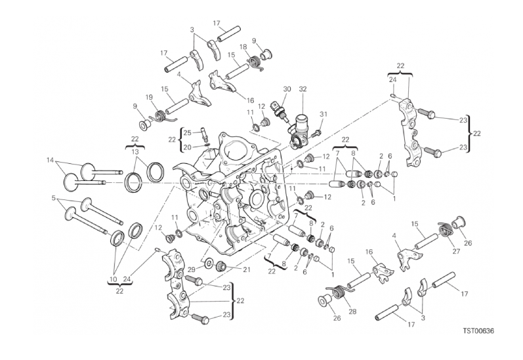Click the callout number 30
[x=287, y=89]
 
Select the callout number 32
[x=303, y=89]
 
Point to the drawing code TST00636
[x=474, y=330]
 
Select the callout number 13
[x=135, y=151]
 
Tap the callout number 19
[x=149, y=98]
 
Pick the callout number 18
[x=243, y=47]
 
